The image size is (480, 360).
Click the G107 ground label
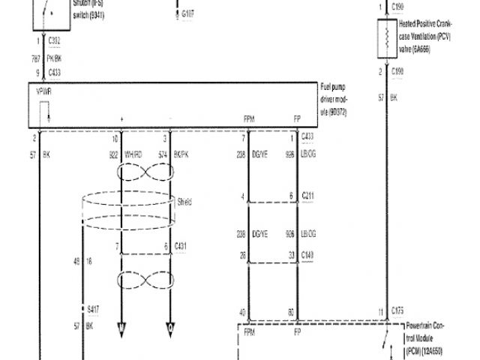tap(187, 13)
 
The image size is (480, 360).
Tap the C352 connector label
tap(55, 42)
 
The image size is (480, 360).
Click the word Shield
tap(185, 201)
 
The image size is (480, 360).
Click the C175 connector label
tap(397, 310)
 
